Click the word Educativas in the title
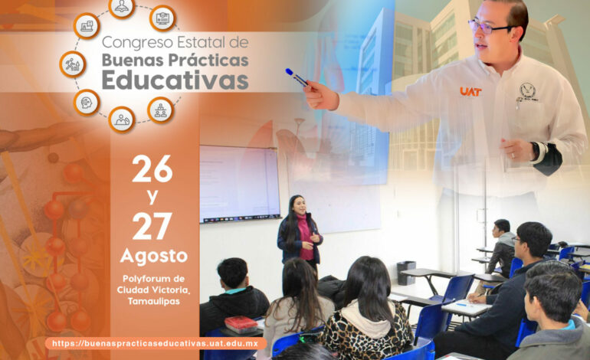175,80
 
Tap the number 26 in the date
152,169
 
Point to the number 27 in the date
152,226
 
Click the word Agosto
153,256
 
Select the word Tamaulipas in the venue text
153,301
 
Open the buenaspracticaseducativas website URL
155,343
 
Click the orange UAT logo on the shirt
470,91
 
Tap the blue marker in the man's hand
297,77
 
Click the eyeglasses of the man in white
488,27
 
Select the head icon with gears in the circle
87,103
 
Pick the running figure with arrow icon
73,64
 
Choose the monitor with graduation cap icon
162,18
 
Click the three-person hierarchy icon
161,110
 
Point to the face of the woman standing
300,205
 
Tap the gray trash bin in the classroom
406,273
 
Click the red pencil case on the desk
241,324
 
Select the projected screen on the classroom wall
240,184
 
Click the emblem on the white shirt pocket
527,92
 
